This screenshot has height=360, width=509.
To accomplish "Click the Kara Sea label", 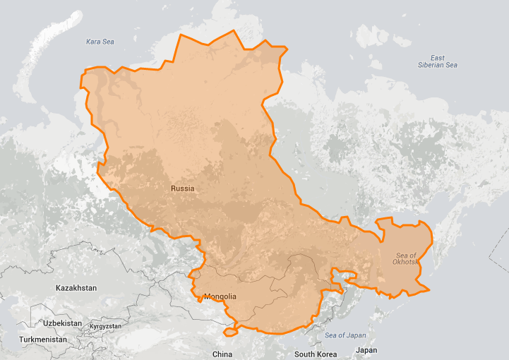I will pos(100,42).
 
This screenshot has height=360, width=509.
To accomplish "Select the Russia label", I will pos(182,188).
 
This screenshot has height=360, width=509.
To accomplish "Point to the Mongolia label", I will pos(220,296).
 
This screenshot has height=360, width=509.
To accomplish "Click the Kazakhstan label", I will pos(76,288).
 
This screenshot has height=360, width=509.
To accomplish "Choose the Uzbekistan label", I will pos(61,323).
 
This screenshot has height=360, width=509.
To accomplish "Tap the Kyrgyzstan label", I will pos(105,327).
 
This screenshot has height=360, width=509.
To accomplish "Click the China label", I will pos(222,354).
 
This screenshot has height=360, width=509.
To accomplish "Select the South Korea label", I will pos(315,354).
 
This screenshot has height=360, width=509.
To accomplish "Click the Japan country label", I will pos(366,350).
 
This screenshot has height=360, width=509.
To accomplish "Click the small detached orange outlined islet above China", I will pos(231,332).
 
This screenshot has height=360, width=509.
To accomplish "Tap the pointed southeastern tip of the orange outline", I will pos(429,289).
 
